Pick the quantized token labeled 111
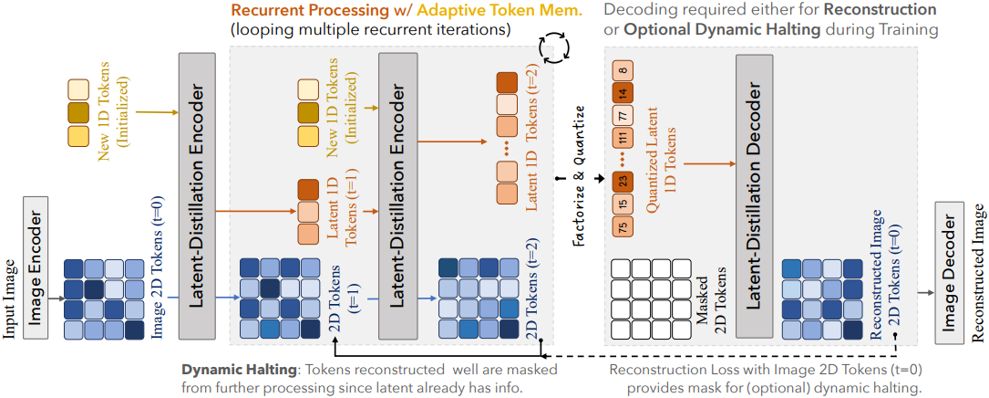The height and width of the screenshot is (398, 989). click(x=622, y=139)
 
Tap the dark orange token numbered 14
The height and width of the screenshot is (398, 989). click(x=622, y=93)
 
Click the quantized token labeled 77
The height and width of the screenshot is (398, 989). click(x=622, y=116)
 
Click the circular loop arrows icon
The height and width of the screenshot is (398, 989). click(x=554, y=47)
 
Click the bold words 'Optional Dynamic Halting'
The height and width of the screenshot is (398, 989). click(x=703, y=29)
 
